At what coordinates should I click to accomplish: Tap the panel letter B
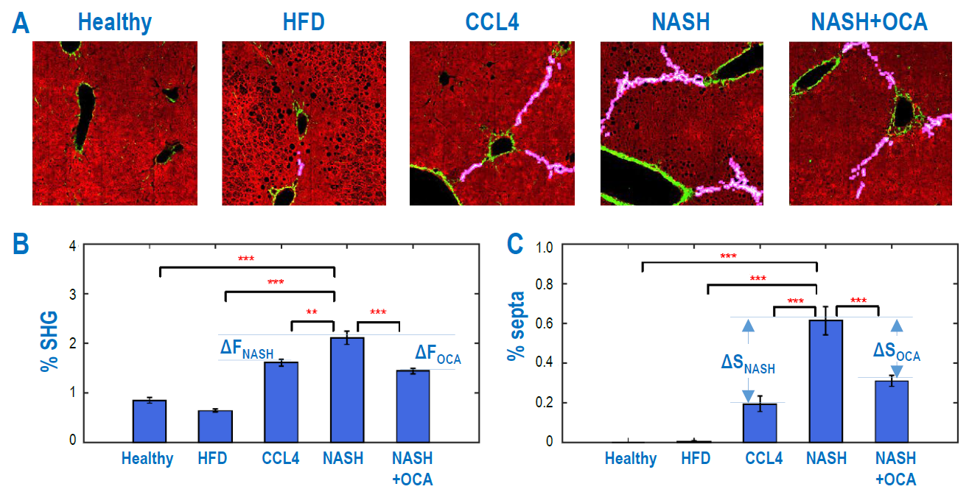tap(21, 245)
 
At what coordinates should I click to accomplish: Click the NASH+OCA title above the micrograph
tap(869, 22)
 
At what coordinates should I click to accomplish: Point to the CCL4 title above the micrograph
tap(492, 22)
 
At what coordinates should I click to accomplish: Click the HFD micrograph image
tap(304, 123)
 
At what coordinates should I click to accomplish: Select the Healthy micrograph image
tap(115, 123)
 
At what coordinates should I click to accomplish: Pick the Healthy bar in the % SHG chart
tap(150, 421)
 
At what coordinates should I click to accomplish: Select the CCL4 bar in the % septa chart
tap(760, 423)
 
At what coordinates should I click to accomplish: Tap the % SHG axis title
tap(49, 342)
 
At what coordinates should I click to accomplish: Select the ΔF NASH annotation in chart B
tap(247, 348)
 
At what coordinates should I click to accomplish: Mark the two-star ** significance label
tap(312, 312)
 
